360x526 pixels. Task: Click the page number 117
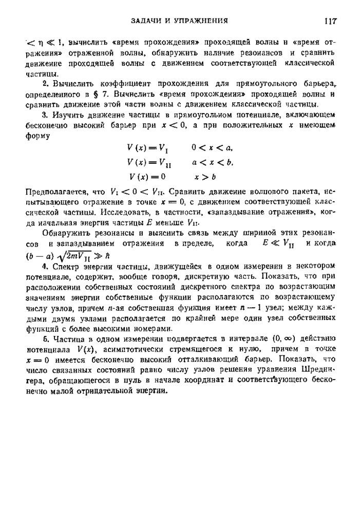coord(329,21)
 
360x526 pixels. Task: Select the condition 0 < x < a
coord(212,148)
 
